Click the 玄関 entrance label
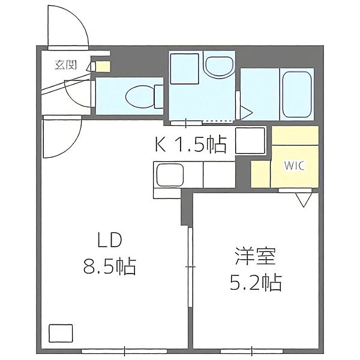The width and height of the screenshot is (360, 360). click(x=65, y=65)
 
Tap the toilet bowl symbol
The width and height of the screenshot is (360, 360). click(x=140, y=97)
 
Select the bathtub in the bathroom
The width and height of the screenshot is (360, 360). click(x=297, y=95)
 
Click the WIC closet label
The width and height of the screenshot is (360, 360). click(x=295, y=166)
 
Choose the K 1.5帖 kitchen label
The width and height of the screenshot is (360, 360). click(x=191, y=145)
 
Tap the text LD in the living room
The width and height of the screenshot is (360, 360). click(x=109, y=239)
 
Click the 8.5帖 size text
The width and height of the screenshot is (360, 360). click(x=110, y=267)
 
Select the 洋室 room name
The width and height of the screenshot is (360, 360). click(x=256, y=256)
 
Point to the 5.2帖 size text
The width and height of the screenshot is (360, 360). click(x=256, y=283)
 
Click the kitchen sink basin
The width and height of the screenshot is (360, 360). click(x=170, y=175)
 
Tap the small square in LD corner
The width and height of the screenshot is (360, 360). click(x=61, y=333)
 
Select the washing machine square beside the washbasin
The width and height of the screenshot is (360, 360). click(x=184, y=68)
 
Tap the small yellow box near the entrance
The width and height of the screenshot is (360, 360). click(x=103, y=67)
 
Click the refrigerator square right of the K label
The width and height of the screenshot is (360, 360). click(x=250, y=140)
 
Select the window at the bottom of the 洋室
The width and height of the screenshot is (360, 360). click(x=251, y=351)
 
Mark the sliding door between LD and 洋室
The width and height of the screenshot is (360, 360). click(x=190, y=267)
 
